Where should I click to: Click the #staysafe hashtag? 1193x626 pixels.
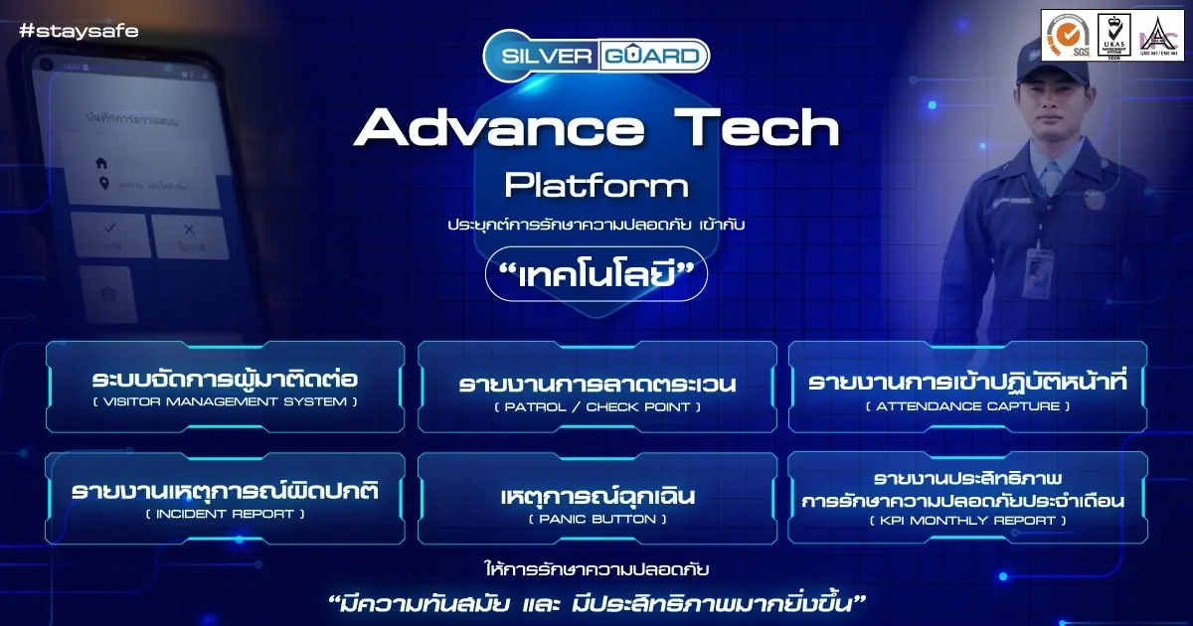click(79, 31)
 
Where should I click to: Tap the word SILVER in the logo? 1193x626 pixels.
click(539, 56)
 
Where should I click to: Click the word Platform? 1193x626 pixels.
click(596, 185)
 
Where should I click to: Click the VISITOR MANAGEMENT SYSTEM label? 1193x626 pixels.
click(225, 402)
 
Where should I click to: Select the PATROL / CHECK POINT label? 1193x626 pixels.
click(596, 406)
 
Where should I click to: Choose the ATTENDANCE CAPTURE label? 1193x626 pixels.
click(968, 406)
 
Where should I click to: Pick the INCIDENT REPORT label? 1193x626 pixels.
click(225, 514)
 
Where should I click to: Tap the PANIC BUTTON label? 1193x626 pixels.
click(596, 519)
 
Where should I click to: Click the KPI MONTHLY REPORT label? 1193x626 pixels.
click(968, 521)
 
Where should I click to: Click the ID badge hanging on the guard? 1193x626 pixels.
click(1037, 265)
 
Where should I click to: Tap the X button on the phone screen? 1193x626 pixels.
click(190, 235)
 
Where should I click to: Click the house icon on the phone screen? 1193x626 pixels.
click(100, 162)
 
